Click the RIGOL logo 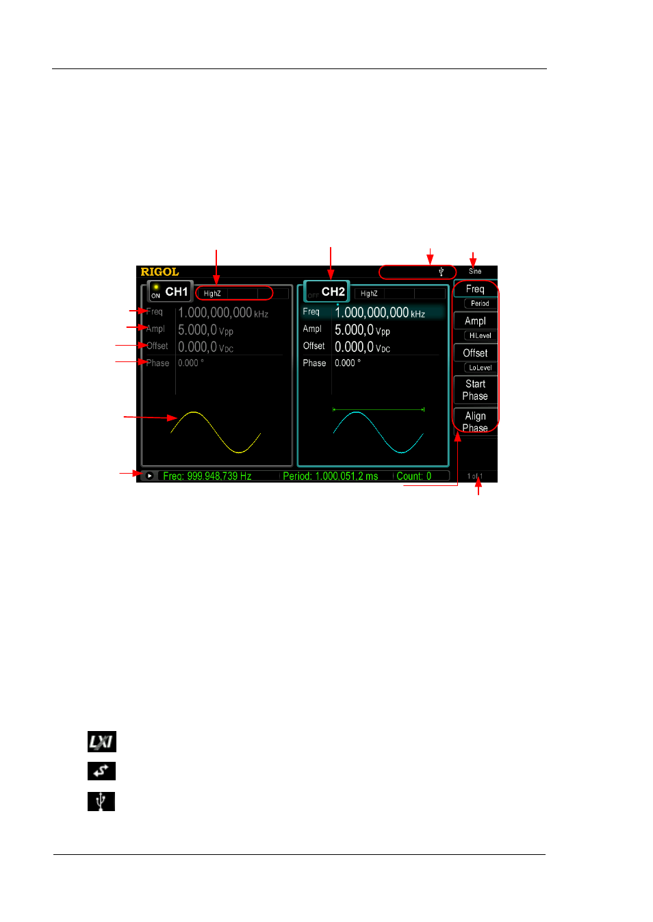(x=159, y=272)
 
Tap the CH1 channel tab (x=170, y=292)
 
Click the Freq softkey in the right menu (x=475, y=289)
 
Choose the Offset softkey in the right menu (x=475, y=353)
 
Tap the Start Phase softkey (x=475, y=390)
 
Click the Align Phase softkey (x=475, y=422)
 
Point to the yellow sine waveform (x=216, y=432)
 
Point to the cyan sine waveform (x=378, y=432)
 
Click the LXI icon (x=101, y=741)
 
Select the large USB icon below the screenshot (x=101, y=802)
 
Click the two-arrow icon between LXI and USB (x=101, y=771)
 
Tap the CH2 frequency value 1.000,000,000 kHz (x=379, y=313)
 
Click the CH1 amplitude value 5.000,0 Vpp (x=205, y=330)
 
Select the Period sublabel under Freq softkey (x=480, y=303)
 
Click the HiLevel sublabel (x=480, y=335)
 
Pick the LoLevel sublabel (x=480, y=368)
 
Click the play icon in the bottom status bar (x=149, y=476)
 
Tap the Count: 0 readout (x=413, y=476)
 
